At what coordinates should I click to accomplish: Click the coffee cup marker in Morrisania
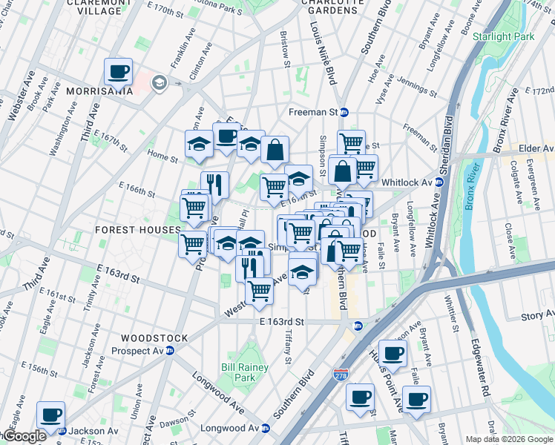(x=118, y=73)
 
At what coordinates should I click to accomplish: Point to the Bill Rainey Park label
(x=238, y=372)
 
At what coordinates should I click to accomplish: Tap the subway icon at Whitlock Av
(x=439, y=182)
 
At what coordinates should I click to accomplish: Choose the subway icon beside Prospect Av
(x=169, y=351)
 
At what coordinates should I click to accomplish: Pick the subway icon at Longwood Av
(x=265, y=428)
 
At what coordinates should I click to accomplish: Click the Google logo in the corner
(x=24, y=437)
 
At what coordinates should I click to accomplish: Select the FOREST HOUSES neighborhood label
(x=138, y=231)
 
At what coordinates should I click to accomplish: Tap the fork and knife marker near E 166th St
(x=214, y=185)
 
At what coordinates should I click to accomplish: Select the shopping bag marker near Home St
(x=275, y=150)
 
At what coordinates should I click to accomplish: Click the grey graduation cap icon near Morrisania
(x=159, y=83)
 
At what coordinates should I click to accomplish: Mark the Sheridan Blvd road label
(x=449, y=137)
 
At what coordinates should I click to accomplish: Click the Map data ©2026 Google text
(x=509, y=439)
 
